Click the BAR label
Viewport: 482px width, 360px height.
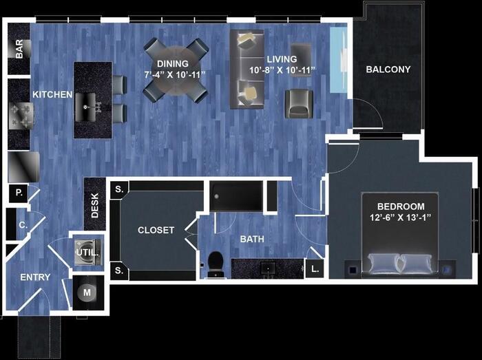tap(19, 49)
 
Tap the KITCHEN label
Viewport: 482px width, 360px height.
tap(52, 94)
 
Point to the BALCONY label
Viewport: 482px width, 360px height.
tap(388, 70)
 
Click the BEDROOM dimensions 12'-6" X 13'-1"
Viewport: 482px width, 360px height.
tap(400, 219)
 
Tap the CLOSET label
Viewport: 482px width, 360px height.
tap(156, 230)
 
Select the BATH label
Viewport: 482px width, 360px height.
tap(253, 239)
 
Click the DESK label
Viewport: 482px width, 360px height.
tap(95, 204)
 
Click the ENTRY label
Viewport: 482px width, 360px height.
tap(35, 277)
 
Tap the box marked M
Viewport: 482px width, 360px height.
tap(87, 293)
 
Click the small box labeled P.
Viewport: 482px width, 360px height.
tap(19, 194)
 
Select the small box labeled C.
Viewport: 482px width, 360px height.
tap(21, 224)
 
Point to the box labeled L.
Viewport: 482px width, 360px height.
tap(315, 269)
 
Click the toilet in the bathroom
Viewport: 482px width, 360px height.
tap(216, 262)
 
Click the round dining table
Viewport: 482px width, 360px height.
tap(176, 70)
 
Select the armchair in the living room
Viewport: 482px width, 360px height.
tap(298, 103)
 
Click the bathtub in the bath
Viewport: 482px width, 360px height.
tap(236, 195)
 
